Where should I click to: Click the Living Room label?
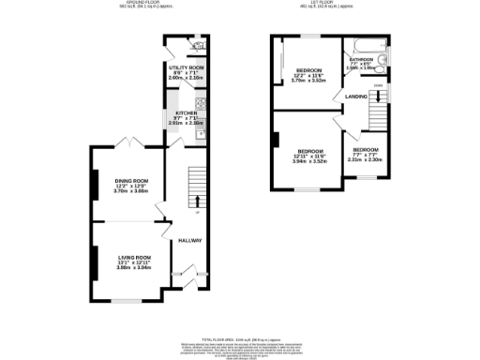134,256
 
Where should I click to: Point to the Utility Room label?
186,68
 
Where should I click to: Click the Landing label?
355,96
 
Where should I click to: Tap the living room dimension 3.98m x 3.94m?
134,266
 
